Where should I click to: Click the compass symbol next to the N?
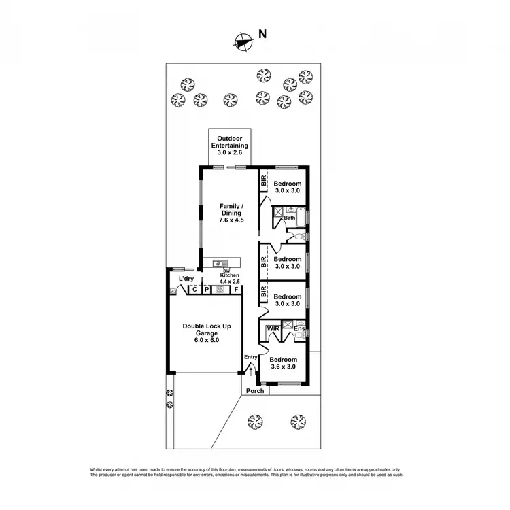[240, 42]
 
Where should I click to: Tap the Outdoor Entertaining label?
[228, 141]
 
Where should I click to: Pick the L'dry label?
[186, 279]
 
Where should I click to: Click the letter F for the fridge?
[236, 290]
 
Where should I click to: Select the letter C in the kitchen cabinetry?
[194, 290]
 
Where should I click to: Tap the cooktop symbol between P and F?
[220, 290]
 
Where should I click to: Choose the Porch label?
[255, 391]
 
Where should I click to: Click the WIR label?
[273, 328]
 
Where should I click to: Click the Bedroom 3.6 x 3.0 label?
[282, 363]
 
